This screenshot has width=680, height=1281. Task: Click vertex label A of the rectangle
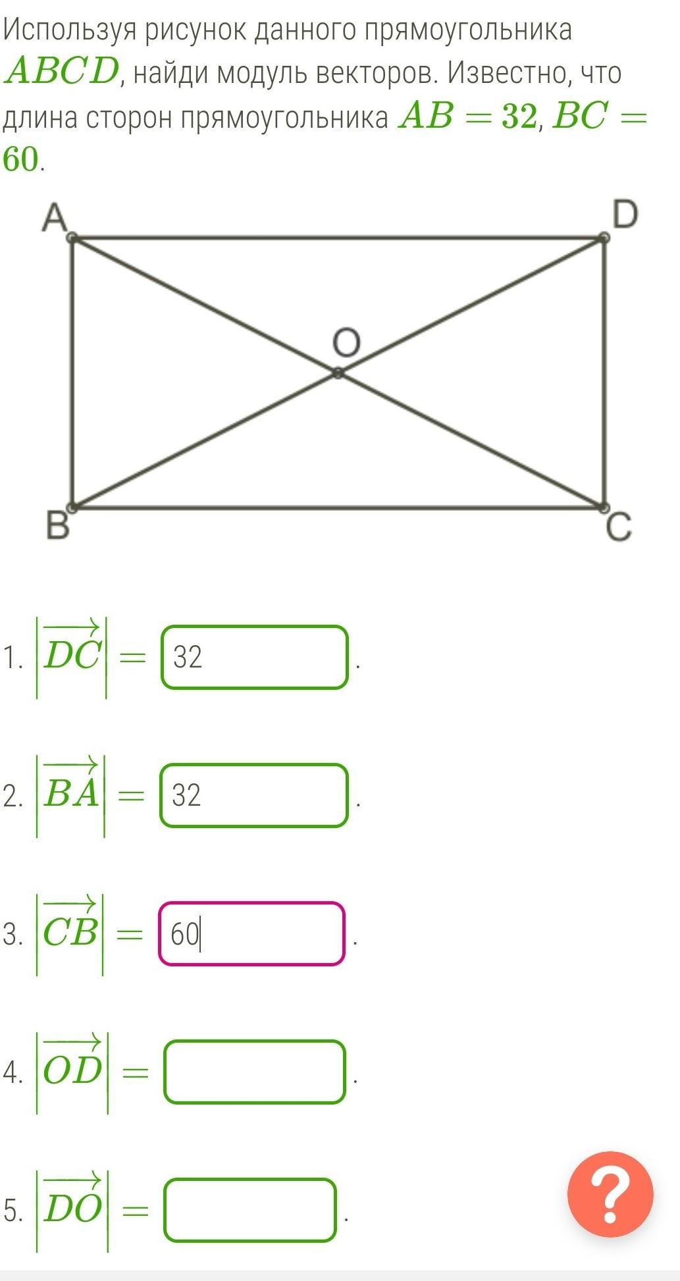(x=55, y=218)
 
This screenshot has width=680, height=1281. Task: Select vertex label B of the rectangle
(x=57, y=527)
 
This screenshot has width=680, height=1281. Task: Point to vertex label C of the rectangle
(x=618, y=528)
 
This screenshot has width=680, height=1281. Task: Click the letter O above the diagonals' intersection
(x=346, y=344)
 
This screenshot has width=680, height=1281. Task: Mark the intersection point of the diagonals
(x=338, y=373)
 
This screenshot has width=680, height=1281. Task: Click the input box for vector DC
(x=254, y=657)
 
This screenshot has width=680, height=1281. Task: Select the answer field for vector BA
(x=253, y=795)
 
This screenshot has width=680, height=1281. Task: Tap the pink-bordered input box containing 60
(x=251, y=933)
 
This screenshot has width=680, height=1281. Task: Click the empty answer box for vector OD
(x=255, y=1072)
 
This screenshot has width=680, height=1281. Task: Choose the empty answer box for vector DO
(x=250, y=1209)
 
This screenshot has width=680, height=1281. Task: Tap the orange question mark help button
(x=610, y=1194)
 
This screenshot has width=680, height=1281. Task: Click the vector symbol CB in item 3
(x=70, y=932)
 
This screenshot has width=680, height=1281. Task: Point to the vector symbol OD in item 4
(x=72, y=1070)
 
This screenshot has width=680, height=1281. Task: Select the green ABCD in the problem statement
(x=61, y=72)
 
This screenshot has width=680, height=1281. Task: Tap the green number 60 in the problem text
(x=21, y=159)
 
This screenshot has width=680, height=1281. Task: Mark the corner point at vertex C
(x=604, y=507)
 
